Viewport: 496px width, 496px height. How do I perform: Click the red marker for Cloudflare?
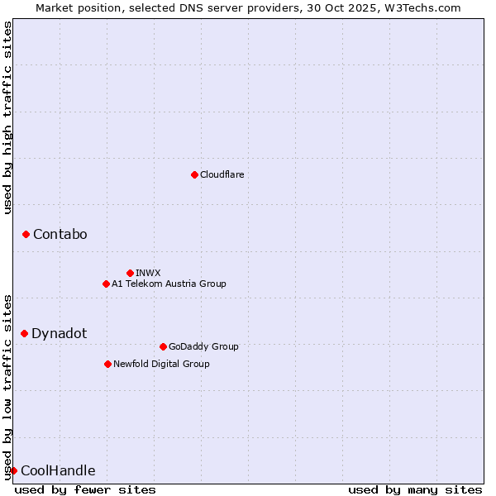click(194, 174)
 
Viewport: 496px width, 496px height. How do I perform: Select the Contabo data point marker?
click(26, 235)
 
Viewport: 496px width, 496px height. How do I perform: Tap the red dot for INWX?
click(130, 273)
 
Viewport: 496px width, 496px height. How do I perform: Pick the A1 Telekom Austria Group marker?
click(106, 284)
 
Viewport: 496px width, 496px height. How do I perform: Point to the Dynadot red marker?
click(24, 333)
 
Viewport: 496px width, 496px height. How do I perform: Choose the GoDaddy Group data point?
click(163, 346)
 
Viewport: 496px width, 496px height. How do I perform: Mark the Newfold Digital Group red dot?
click(107, 364)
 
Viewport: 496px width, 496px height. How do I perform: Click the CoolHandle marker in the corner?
click(13, 470)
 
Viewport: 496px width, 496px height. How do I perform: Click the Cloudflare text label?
click(222, 174)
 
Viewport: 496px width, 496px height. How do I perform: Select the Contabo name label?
click(60, 235)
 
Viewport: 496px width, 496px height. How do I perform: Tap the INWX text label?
click(148, 273)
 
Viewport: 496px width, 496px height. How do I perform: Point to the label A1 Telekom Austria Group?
click(169, 284)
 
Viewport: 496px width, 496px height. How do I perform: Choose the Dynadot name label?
click(59, 333)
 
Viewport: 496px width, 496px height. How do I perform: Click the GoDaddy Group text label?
click(203, 346)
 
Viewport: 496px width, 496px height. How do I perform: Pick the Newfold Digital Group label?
click(161, 364)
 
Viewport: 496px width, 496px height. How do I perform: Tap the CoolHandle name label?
click(58, 471)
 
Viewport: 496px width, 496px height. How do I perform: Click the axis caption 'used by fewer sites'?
click(85, 490)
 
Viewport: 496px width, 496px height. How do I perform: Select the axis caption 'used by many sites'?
click(415, 490)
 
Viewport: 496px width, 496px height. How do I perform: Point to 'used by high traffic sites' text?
click(7, 117)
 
